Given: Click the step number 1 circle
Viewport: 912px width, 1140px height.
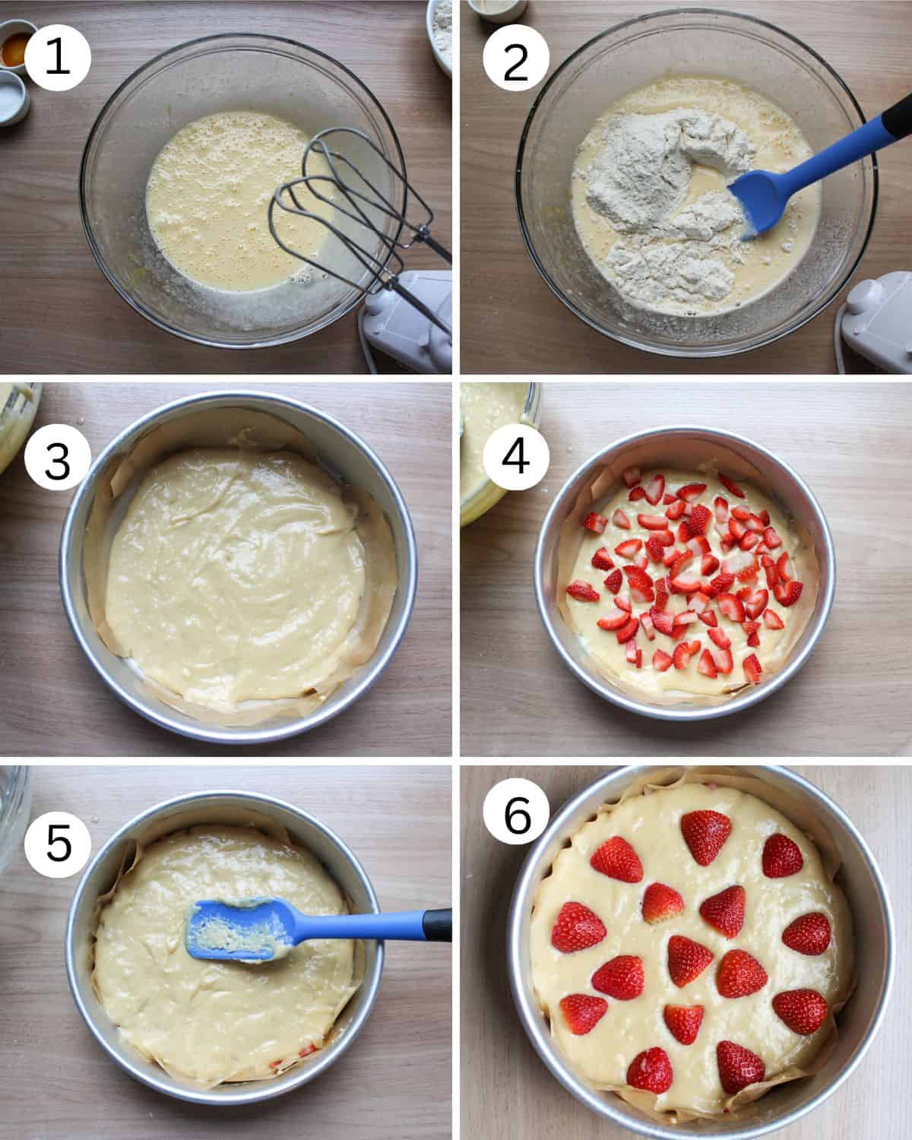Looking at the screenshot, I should click(x=58, y=58).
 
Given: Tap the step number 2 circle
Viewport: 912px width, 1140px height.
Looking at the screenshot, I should click(x=515, y=58).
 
